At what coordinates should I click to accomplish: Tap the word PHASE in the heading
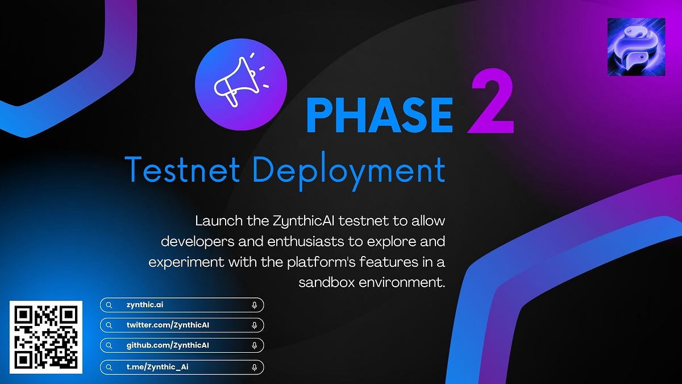380,115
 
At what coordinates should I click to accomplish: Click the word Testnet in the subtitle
181,169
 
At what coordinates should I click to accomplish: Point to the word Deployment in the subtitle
346,170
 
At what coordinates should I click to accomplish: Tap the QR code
47,337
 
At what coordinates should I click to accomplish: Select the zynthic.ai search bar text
145,305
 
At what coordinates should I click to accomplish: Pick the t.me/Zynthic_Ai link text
157,367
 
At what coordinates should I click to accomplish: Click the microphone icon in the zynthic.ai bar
254,305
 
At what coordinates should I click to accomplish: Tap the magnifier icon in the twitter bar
109,325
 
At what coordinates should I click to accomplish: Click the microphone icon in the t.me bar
254,367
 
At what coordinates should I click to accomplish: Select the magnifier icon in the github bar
109,345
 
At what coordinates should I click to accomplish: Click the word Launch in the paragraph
214,220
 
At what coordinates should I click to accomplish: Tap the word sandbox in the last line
326,282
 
